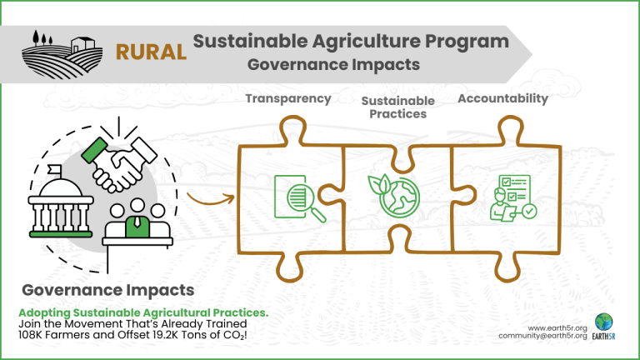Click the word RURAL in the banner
tap(151, 52)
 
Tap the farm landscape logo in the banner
tap(62, 55)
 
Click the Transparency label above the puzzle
tap(288, 99)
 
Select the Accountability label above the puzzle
tap(502, 98)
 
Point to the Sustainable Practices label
tap(398, 107)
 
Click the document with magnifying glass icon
tap(300, 198)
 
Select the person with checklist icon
tap(513, 198)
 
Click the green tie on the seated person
tap(137, 222)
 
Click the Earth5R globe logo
tap(603, 322)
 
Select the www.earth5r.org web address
tap(557, 328)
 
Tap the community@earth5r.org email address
tap(542, 336)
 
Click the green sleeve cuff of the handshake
tap(94, 150)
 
